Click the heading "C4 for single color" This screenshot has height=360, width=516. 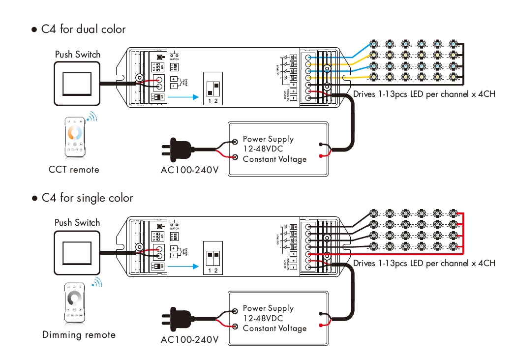click(x=87, y=198)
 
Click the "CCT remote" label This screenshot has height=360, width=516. click(x=74, y=170)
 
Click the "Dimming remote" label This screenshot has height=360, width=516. click(x=79, y=335)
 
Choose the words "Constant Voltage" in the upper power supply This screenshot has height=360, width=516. click(x=274, y=159)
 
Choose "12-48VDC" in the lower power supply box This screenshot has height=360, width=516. click(x=263, y=318)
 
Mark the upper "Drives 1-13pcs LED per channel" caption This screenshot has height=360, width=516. click(x=424, y=94)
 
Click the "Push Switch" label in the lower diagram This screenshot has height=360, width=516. click(x=77, y=223)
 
